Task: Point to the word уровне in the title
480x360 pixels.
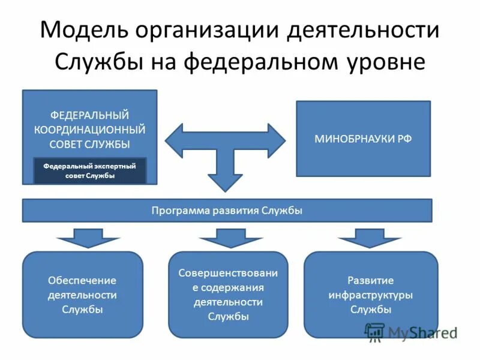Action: [x=385, y=62]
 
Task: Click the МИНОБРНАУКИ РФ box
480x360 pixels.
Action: [x=364, y=139]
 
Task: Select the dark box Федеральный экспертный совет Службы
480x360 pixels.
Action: [x=89, y=172]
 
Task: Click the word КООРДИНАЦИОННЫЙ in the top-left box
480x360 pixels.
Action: [x=89, y=130]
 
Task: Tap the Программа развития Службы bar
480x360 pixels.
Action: [x=227, y=211]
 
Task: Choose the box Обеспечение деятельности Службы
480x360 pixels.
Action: [x=82, y=295]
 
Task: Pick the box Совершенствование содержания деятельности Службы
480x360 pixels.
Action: [x=228, y=295]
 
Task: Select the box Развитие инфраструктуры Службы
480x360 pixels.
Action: [x=371, y=295]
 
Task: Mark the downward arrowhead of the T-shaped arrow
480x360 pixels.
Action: [x=226, y=180]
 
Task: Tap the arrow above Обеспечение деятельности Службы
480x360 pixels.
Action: [x=88, y=238]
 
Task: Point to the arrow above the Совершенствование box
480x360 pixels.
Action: [x=230, y=238]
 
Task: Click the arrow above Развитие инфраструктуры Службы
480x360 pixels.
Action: [x=369, y=238]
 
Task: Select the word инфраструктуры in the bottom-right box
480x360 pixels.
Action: [x=371, y=295]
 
